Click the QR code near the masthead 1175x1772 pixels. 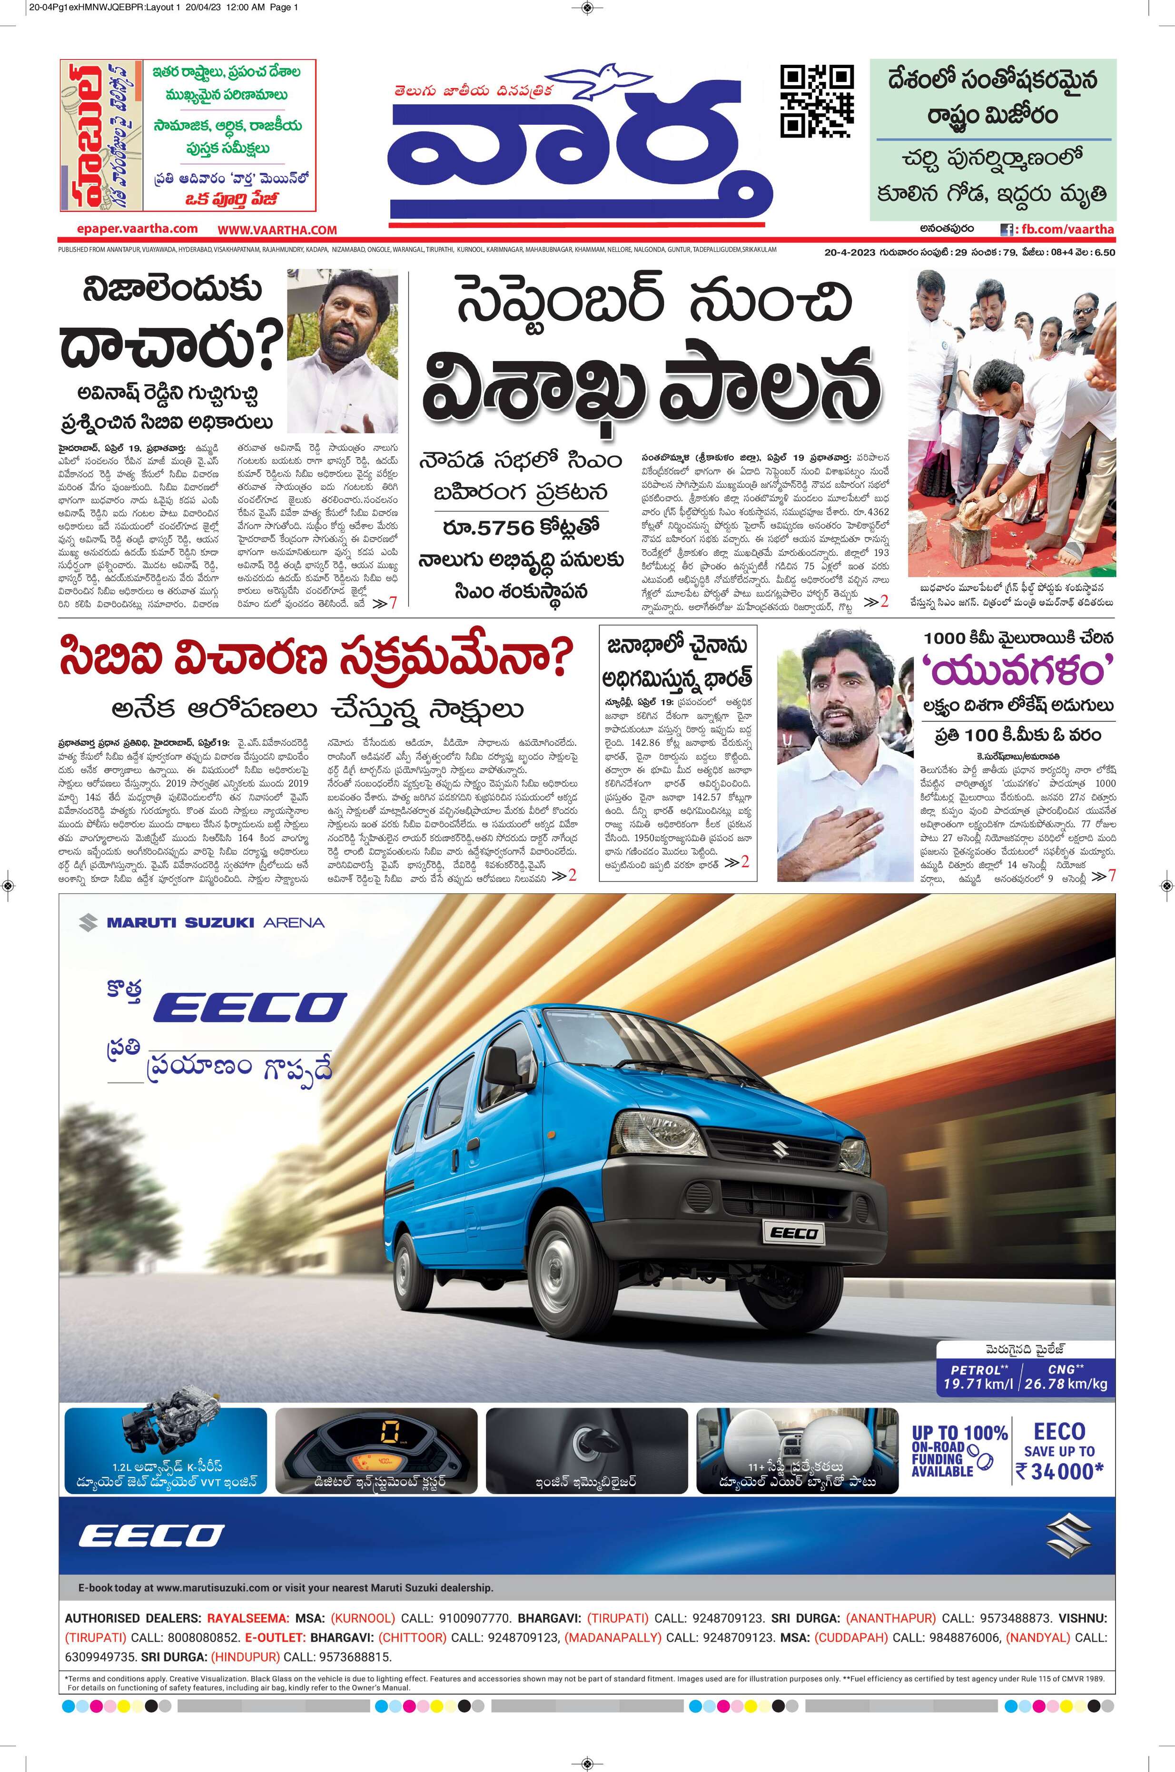pyautogui.click(x=817, y=102)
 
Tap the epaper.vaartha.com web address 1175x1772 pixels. pyautogui.click(x=137, y=229)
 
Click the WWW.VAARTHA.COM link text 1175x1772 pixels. pyautogui.click(x=277, y=230)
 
